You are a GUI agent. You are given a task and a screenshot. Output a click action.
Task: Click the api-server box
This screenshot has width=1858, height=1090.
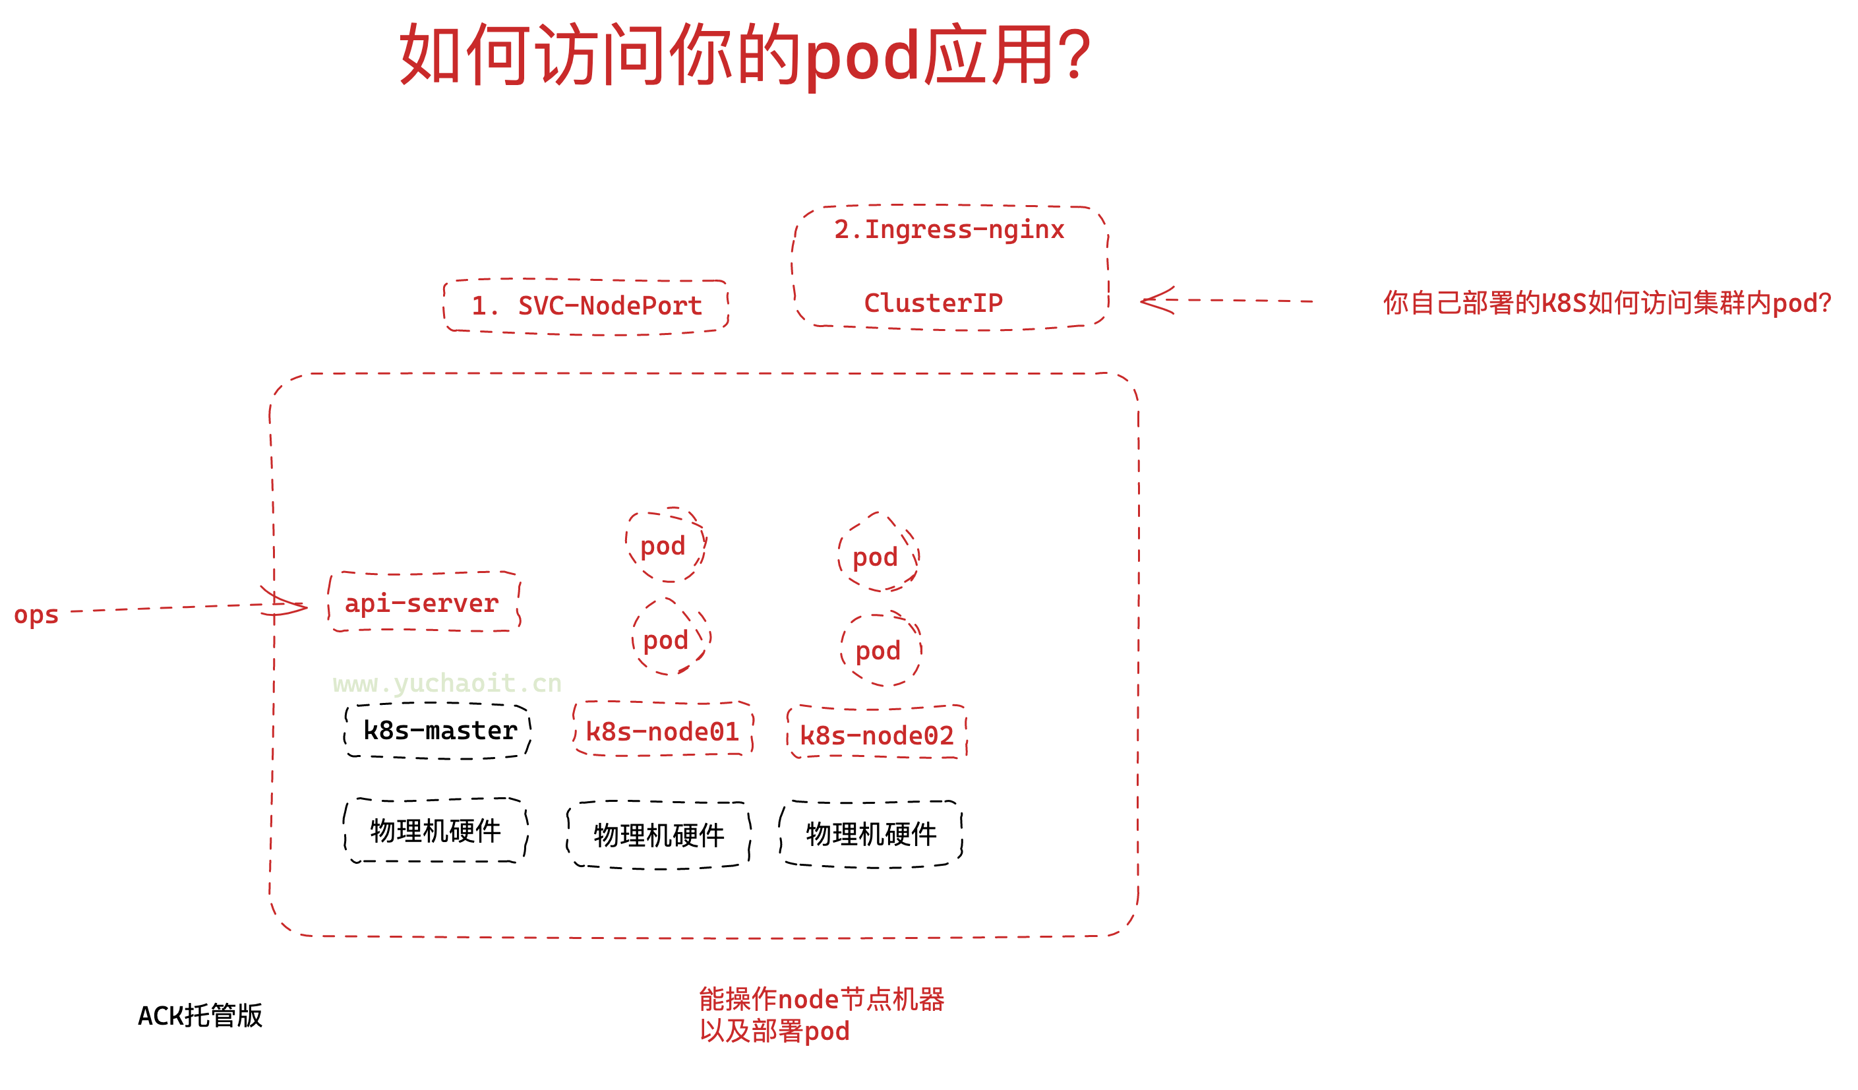pos(423,603)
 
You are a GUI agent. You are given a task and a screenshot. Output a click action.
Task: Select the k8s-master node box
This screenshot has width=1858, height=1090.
pos(438,730)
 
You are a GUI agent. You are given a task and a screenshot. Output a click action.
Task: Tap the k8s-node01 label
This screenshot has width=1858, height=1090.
pos(662,731)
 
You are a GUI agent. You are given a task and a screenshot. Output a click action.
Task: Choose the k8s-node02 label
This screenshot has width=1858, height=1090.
pos(877,735)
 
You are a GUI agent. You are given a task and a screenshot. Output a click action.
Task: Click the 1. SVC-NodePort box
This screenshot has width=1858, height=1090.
pos(586,306)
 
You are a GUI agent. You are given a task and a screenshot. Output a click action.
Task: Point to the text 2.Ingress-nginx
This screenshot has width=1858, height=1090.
pos(949,229)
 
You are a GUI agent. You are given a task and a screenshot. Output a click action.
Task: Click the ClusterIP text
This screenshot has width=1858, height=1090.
pos(933,303)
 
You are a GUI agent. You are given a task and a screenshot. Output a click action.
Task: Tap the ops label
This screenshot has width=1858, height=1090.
pos(36,615)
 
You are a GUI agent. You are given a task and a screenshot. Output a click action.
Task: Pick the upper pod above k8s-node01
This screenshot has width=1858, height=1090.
pos(663,546)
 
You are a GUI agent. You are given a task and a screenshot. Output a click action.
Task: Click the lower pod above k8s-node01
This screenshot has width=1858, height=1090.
pos(667,640)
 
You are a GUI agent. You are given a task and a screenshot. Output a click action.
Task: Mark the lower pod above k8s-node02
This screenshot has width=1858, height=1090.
pos(879,650)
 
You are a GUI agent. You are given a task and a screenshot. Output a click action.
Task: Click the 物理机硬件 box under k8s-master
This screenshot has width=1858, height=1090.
pos(436,830)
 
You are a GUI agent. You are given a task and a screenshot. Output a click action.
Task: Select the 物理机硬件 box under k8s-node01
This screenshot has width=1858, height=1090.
pos(659,835)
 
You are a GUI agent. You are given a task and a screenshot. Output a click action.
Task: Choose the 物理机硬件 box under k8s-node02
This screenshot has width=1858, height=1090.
pos(871,833)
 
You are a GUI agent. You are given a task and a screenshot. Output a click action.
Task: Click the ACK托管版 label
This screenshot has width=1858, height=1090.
pos(200,1015)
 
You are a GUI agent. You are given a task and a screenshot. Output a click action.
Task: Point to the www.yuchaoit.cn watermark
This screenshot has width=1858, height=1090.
pos(447,684)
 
